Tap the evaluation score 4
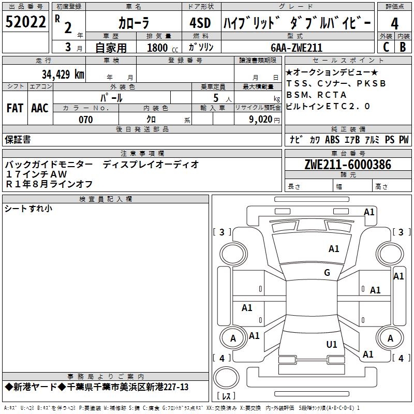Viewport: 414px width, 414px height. [x=395, y=24]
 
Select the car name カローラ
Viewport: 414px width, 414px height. [x=134, y=23]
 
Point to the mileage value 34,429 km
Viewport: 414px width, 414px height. [x=63, y=74]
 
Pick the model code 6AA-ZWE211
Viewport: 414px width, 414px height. [x=297, y=48]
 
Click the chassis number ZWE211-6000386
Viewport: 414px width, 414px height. [x=348, y=165]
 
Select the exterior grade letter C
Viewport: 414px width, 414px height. [x=386, y=47]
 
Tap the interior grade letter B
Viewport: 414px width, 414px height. [x=403, y=47]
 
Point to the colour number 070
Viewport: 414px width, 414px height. [x=85, y=120]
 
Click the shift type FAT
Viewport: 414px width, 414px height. [x=15, y=108]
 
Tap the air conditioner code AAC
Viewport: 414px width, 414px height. [x=40, y=108]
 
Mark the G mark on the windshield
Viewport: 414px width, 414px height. [x=327, y=273]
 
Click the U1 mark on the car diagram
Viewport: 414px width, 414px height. [x=332, y=345]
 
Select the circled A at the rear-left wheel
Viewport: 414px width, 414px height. [x=233, y=338]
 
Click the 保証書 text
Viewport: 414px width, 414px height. [x=18, y=139]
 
